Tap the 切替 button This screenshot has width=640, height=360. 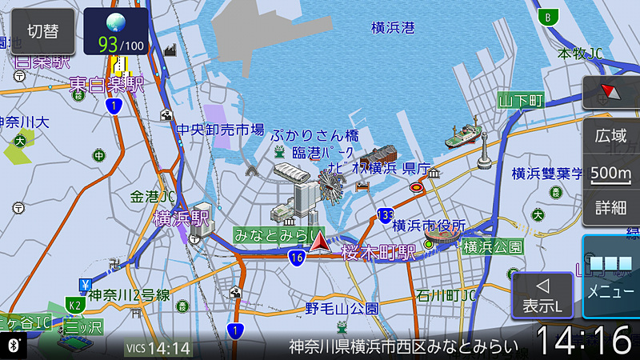coord(42,31)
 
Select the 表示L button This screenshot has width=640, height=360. coord(542,295)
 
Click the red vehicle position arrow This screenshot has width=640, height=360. coord(320,242)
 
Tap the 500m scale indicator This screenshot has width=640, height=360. coord(610,173)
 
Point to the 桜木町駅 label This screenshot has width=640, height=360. coord(378,253)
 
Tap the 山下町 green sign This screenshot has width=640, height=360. coord(521,101)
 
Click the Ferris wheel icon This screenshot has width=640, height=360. coord(330,185)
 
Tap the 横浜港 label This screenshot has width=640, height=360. coord(393,28)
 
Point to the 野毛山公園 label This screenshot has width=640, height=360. coord(342,307)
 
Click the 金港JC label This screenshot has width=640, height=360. coord(153,195)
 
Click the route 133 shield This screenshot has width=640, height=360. coord(386,214)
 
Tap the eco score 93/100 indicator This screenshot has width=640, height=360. coord(115,32)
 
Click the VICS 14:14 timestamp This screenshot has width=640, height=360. coord(159,348)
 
